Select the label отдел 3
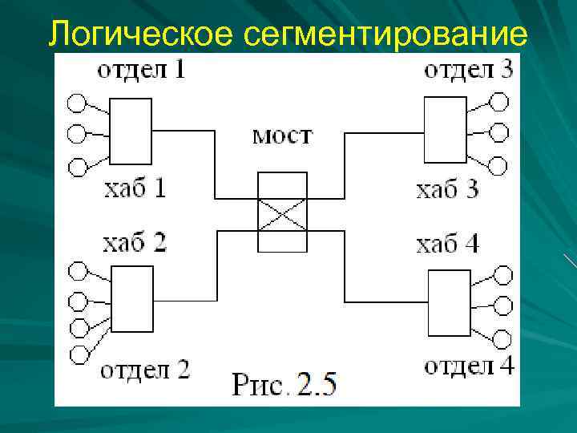pos(468,70)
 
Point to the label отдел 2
pos(145,370)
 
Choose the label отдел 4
pos(469,366)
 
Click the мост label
pos(282,135)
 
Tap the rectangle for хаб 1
pos(131,131)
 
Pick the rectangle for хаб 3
pos(446,130)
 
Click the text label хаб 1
pos(135,189)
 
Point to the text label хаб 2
pos(135,242)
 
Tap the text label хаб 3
pos(447,189)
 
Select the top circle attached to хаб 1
pos(76,103)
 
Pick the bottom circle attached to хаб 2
pos(79,354)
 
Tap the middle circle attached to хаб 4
pos(502,306)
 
